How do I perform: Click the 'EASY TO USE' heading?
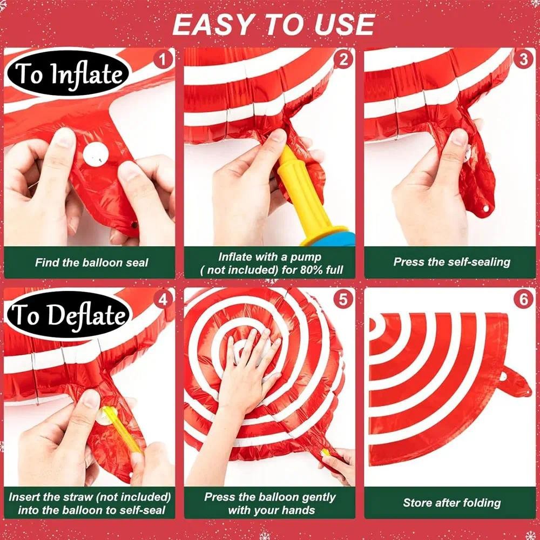[274, 24]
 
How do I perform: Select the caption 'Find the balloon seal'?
[91, 263]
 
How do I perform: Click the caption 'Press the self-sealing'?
[451, 262]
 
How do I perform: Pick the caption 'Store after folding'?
[451, 503]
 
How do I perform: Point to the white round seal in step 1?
[96, 154]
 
